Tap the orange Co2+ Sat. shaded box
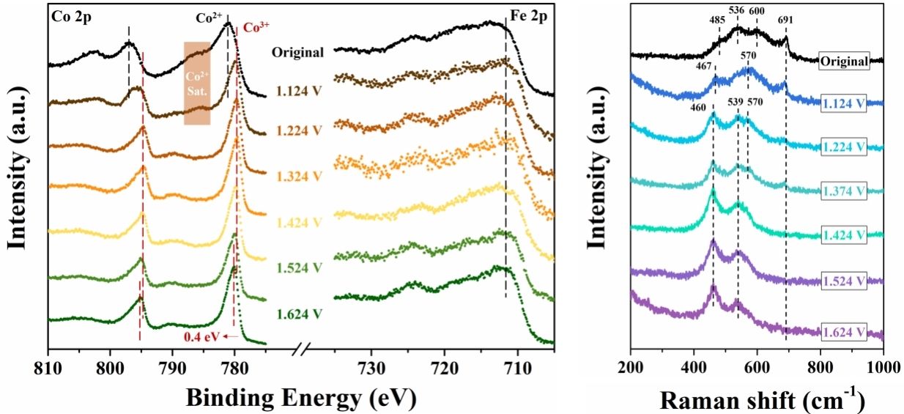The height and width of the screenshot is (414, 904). coord(197,83)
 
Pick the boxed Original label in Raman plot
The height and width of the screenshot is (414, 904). coord(844,62)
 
